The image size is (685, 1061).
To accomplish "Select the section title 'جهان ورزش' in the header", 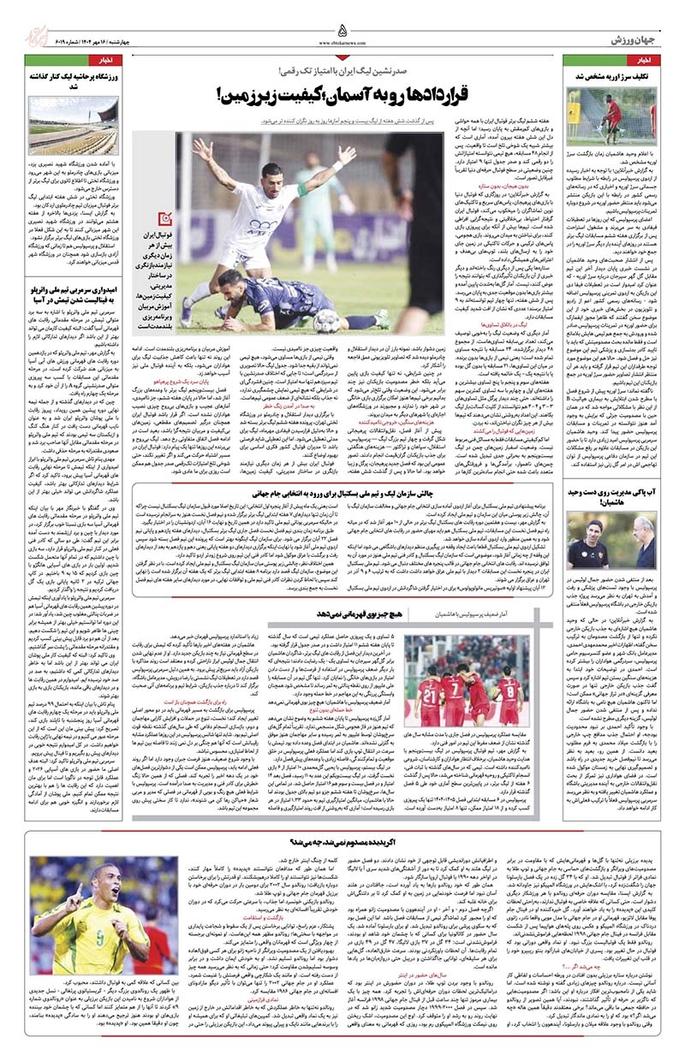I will click(634, 40).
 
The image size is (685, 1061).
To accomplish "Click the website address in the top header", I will click(342, 41).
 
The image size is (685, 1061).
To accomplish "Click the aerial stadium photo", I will click(73, 126).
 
